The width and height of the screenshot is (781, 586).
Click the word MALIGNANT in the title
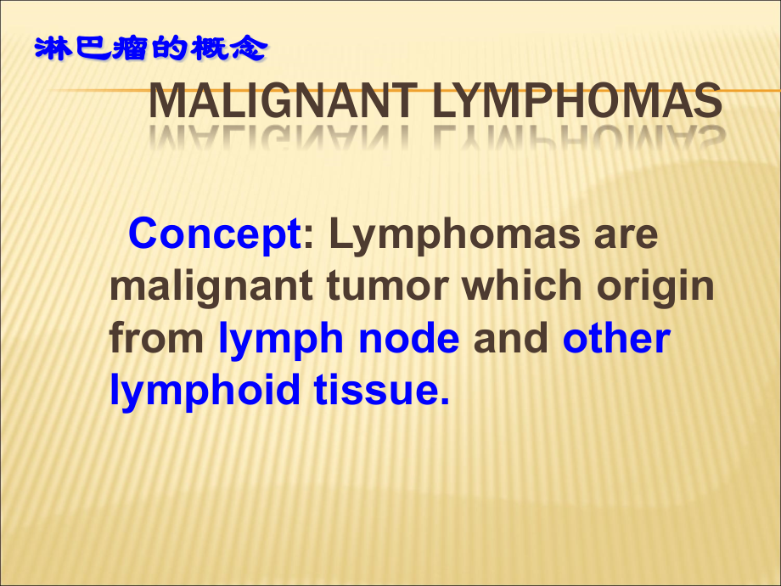[x=284, y=101]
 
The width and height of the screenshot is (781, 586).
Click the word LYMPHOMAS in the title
[x=578, y=101]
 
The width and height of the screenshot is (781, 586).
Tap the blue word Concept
[x=215, y=234]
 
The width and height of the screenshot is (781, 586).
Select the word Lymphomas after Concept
[x=454, y=234]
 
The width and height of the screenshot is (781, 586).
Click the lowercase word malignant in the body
[x=211, y=288]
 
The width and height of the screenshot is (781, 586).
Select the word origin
[x=655, y=288]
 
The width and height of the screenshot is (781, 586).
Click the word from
[x=156, y=337]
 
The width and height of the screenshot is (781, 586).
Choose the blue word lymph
[x=281, y=340]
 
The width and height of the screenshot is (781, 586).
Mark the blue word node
[x=408, y=337]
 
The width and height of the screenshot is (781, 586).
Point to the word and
[x=510, y=337]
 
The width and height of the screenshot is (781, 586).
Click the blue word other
[x=616, y=337]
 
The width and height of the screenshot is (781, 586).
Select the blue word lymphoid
[x=205, y=392]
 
